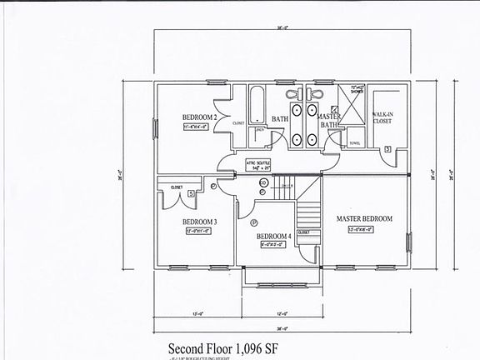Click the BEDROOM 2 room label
point(200,117)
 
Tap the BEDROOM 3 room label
point(199,221)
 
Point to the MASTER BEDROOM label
point(364,219)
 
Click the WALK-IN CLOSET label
point(382,117)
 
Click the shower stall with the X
point(354,105)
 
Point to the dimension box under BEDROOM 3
point(200,231)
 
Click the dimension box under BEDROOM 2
point(200,127)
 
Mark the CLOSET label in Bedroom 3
point(177,187)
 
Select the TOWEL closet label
point(356,142)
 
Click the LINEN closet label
point(259,130)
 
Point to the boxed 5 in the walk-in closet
point(388,149)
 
